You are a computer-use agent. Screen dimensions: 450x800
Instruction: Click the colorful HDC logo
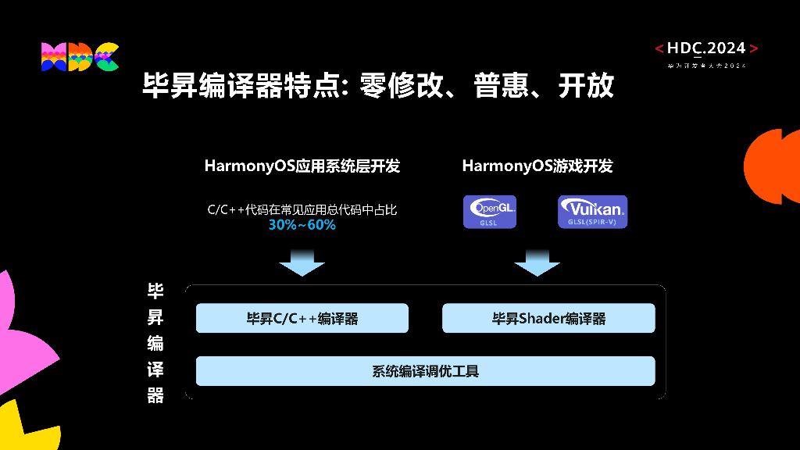80,57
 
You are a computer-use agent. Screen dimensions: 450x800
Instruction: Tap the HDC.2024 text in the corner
706,48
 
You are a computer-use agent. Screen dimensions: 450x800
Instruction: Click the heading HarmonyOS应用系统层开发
302,166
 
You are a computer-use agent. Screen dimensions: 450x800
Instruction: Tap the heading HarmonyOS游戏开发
537,166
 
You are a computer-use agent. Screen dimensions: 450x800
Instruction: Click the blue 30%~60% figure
302,225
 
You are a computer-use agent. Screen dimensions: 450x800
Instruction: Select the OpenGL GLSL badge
490,212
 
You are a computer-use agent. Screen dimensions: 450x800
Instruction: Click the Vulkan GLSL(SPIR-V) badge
592,212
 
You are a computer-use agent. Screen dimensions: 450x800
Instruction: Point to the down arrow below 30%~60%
302,262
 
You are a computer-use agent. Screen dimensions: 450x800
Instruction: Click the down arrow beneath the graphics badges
537,262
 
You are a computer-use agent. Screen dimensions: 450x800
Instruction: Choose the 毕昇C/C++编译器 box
302,318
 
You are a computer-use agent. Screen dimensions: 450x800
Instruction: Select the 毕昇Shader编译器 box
548,318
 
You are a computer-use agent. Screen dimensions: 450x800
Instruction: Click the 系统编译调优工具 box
425,371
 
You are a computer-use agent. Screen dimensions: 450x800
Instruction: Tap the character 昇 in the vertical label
155,317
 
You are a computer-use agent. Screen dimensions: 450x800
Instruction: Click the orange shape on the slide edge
773,166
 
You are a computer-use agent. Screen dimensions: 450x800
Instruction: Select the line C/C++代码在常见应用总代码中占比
302,209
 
